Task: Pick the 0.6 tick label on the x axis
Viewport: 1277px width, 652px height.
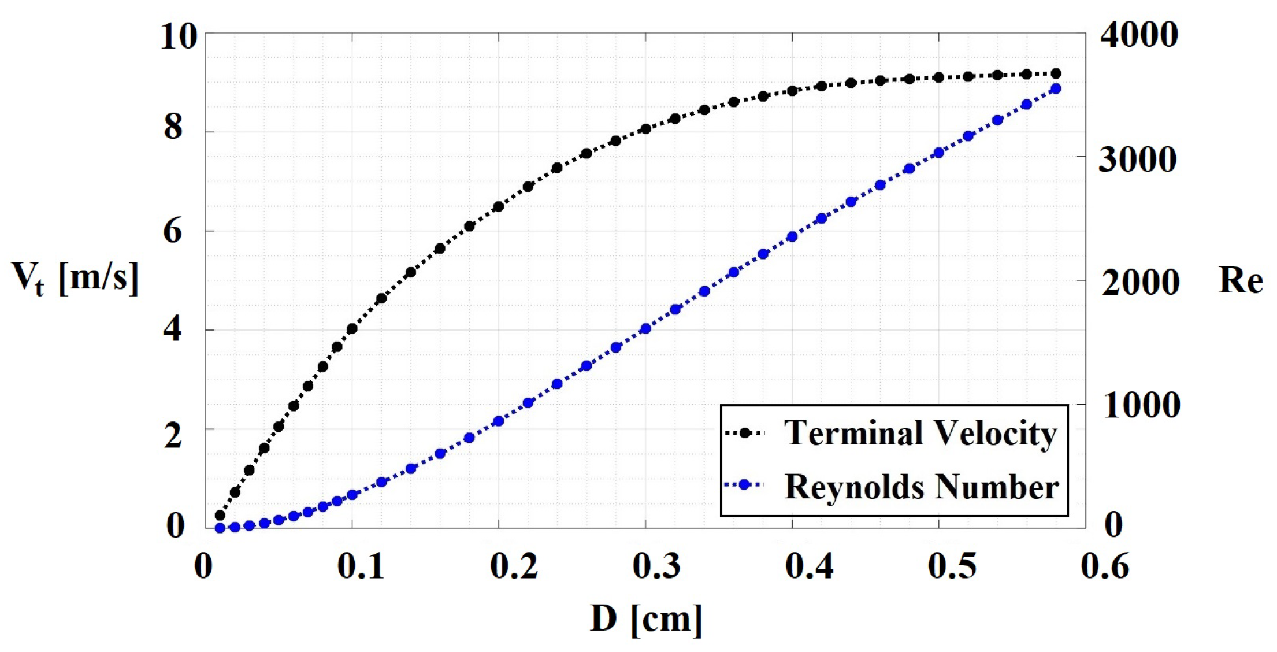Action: [x=1104, y=566]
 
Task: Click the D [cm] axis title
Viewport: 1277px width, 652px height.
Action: [x=646, y=620]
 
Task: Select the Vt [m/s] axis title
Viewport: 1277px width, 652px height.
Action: [x=75, y=279]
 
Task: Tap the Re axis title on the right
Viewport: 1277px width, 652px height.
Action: [x=1240, y=281]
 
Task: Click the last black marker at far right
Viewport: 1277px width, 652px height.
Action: [x=1056, y=73]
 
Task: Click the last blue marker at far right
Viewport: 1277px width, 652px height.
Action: [x=1056, y=88]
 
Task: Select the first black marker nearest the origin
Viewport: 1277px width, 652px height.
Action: [x=220, y=515]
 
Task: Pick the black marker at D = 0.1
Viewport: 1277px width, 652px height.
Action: [x=352, y=329]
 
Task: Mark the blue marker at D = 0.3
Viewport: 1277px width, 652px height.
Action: [x=645, y=329]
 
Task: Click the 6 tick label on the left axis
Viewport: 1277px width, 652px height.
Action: [x=173, y=232]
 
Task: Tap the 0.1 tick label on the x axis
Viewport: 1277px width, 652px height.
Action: [x=361, y=566]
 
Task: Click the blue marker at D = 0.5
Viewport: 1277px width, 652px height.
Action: [x=938, y=153]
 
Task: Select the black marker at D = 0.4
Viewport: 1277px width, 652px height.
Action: [x=792, y=91]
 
